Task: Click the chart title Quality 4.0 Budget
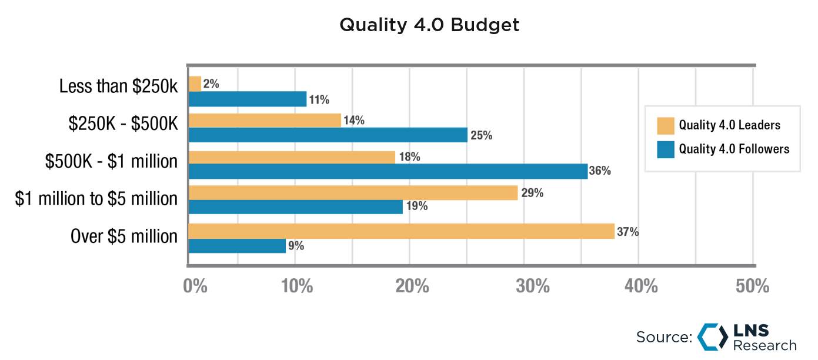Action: click(429, 25)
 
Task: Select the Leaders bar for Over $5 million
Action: click(401, 231)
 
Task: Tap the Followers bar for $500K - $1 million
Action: click(388, 171)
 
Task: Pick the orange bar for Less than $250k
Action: click(195, 84)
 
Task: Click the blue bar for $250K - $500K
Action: click(328, 135)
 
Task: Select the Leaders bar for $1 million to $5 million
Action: click(353, 193)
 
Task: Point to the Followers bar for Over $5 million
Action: click(237, 246)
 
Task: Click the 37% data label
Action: click(627, 232)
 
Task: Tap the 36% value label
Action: click(600, 171)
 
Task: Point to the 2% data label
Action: click(211, 84)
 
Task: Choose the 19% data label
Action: click(416, 206)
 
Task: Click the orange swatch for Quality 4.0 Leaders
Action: click(666, 125)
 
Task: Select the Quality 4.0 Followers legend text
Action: click(734, 149)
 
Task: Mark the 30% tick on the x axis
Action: click(533, 286)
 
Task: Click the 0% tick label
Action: click(195, 286)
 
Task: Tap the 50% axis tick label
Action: click(752, 286)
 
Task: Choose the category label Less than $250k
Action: click(118, 86)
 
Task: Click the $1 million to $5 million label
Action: click(96, 199)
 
